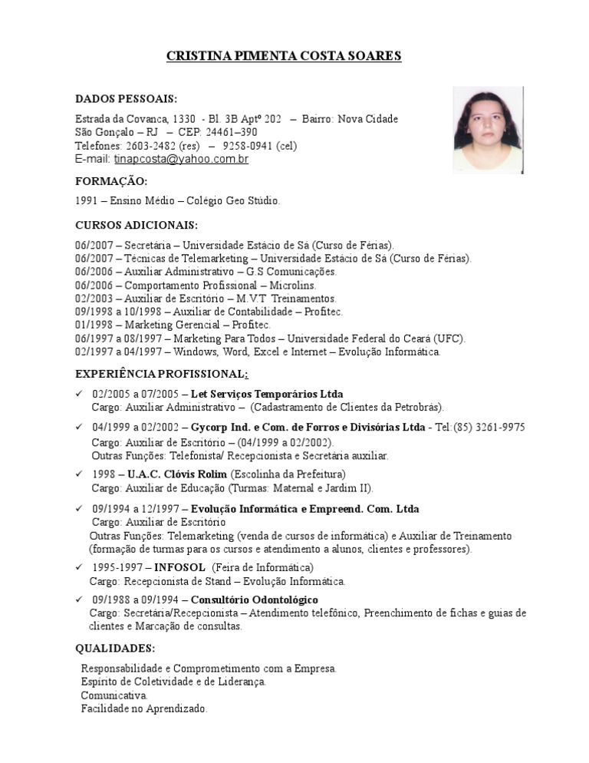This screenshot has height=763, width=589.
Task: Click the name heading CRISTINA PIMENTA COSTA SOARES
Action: (284, 56)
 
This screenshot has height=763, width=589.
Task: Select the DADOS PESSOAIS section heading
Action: (126, 99)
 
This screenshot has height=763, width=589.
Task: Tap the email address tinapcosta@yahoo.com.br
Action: (181, 160)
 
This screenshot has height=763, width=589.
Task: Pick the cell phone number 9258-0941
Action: (248, 146)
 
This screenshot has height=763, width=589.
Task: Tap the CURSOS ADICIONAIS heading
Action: (136, 225)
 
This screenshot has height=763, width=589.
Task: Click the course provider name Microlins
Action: (293, 285)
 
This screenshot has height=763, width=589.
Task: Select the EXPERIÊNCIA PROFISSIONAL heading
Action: (161, 373)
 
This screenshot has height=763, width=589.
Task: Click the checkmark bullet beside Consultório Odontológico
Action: (79, 599)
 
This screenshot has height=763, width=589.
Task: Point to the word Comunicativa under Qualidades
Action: (114, 695)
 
